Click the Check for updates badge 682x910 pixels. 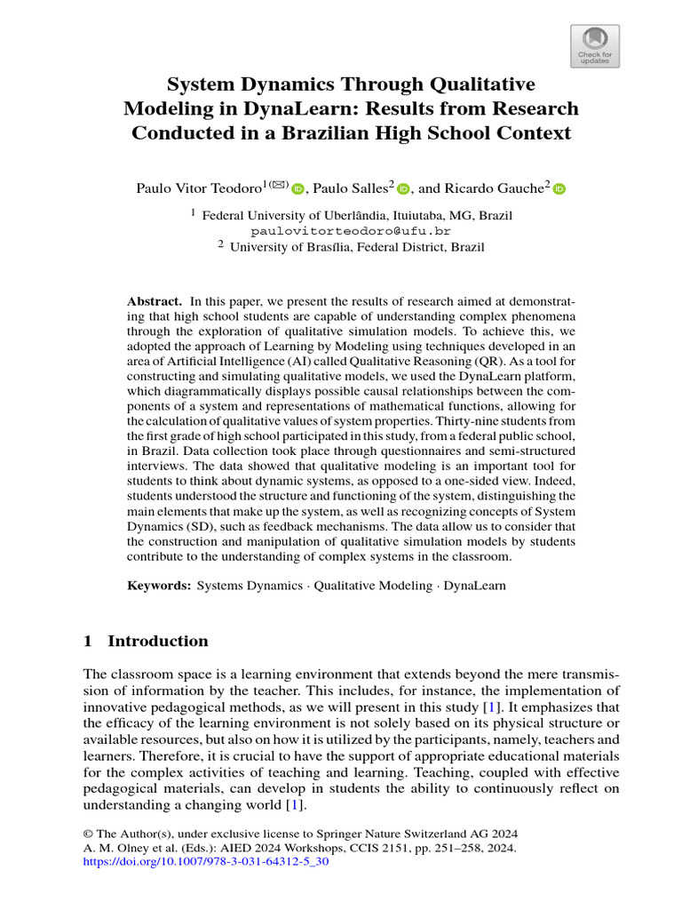(x=594, y=45)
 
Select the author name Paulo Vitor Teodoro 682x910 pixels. (x=199, y=188)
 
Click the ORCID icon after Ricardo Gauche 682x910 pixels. (x=560, y=188)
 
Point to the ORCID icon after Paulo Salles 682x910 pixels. (x=404, y=188)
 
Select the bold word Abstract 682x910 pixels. (x=155, y=302)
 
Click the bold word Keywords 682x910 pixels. (x=159, y=587)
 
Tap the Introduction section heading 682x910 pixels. (x=157, y=641)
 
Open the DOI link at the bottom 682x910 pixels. (x=206, y=862)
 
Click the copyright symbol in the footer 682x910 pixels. (x=88, y=834)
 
